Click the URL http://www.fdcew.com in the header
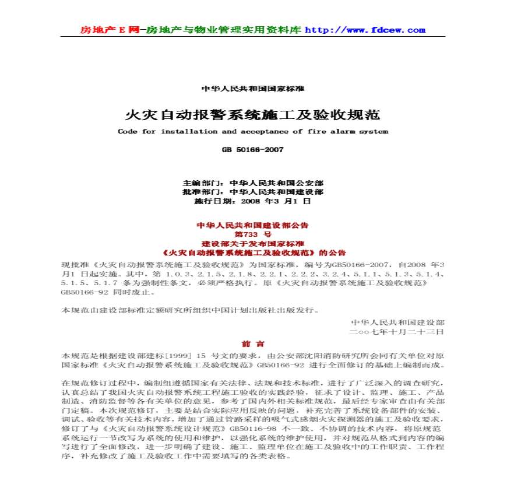[365, 30]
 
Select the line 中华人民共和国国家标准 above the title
[253, 89]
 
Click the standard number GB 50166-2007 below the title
[253, 150]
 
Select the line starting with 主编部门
[253, 183]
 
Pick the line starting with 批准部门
[253, 192]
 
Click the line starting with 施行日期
[253, 201]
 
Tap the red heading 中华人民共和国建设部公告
[253, 225]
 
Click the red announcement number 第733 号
[253, 234]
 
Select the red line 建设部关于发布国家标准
[253, 243]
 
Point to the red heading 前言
[253, 343]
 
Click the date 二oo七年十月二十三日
[396, 331]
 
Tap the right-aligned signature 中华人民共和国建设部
[397, 322]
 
